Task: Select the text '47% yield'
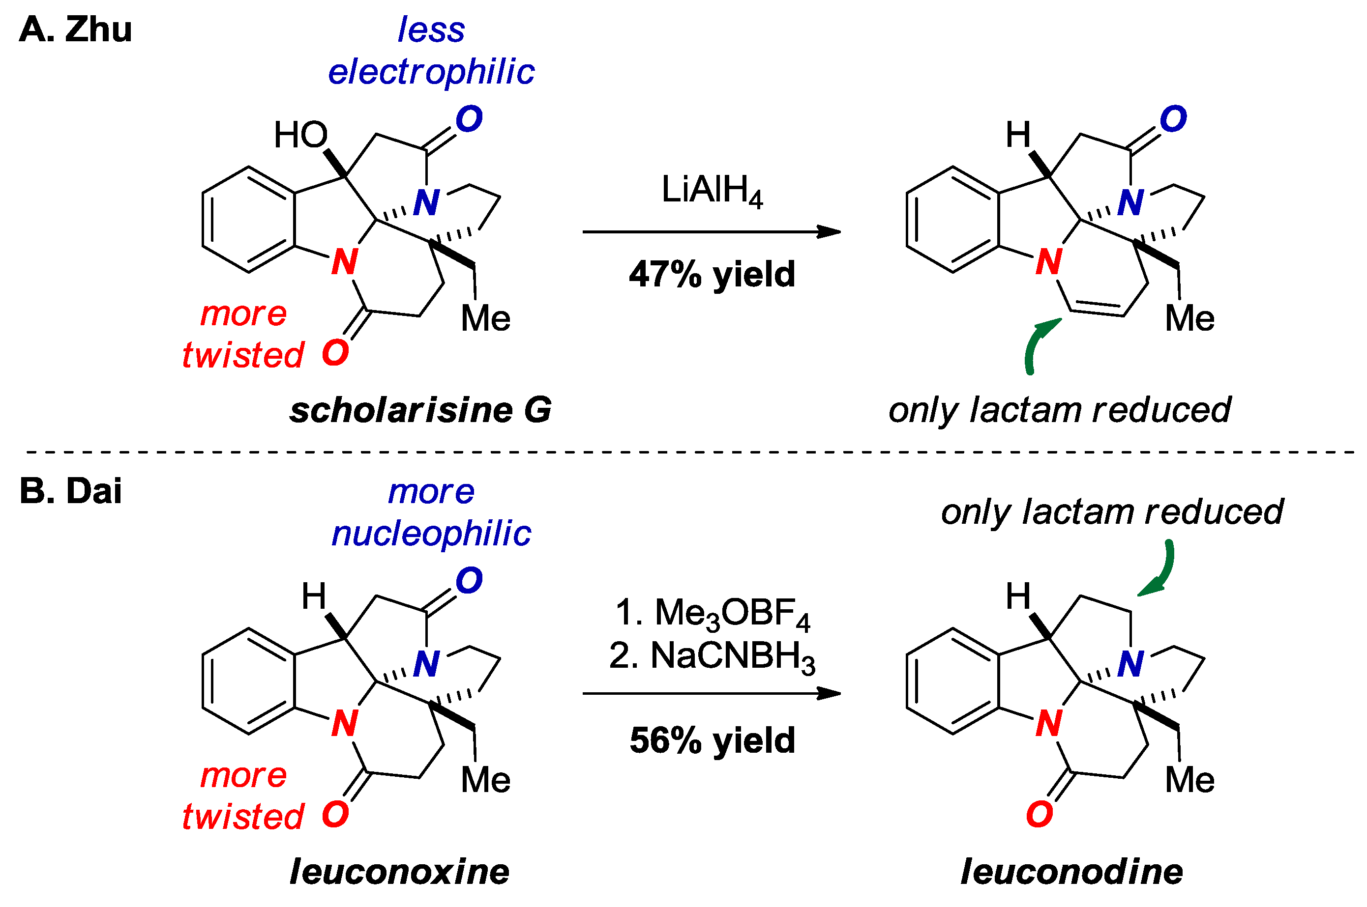point(712,274)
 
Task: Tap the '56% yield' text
point(712,740)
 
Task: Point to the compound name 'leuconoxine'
point(399,872)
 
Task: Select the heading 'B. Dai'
point(71,491)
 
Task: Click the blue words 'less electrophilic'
point(431,51)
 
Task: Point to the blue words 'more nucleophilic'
point(431,512)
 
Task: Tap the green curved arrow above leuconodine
point(1160,570)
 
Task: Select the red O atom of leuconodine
point(1040,815)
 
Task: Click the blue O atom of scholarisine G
point(469,119)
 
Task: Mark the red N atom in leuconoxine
point(345,723)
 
